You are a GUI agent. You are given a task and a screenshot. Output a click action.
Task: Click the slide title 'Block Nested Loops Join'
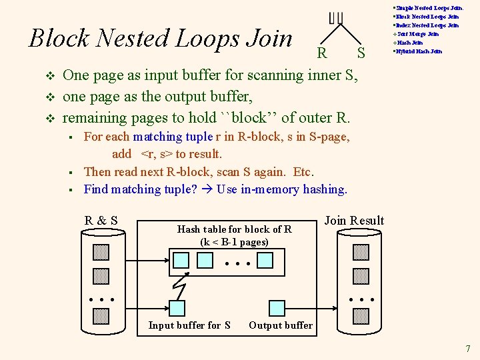pos(161,38)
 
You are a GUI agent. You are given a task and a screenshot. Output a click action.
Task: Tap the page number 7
pos(468,348)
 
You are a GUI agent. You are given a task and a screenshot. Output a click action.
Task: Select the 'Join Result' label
pos(353,221)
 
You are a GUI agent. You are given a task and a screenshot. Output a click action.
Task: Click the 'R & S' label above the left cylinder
pos(101,221)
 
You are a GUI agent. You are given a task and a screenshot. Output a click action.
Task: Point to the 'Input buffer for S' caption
pos(189,325)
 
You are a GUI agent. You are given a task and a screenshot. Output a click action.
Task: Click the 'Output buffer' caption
pos(280,325)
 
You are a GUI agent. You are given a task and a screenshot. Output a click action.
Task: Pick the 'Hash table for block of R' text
pos(234,229)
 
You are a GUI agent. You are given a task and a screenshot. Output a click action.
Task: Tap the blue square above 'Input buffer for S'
pos(177,307)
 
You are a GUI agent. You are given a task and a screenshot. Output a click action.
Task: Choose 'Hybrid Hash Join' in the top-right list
pos(418,51)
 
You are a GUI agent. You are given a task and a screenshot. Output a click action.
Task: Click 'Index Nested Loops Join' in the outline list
pos(427,25)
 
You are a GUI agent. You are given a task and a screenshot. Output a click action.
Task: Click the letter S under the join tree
pos(361,53)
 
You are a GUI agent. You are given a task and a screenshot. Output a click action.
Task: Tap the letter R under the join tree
pos(322,53)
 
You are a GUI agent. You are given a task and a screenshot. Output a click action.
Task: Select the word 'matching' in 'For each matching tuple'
pos(157,137)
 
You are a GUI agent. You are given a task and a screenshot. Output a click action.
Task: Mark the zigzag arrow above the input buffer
pos(180,286)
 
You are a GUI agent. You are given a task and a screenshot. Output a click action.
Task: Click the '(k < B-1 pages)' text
pos(234,242)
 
